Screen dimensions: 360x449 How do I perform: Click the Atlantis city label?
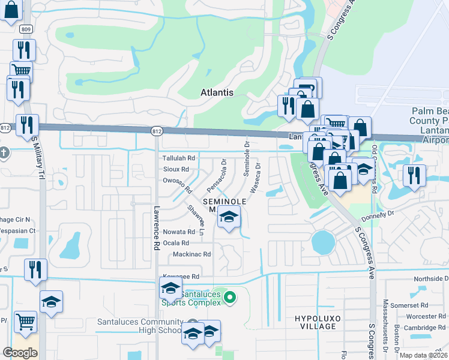[x=216, y=93]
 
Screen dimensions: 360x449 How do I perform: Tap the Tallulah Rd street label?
[x=179, y=158]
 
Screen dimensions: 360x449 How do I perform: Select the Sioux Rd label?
[x=176, y=169]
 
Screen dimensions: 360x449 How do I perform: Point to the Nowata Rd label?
[x=179, y=232]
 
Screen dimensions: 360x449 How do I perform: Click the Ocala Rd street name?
[x=176, y=243]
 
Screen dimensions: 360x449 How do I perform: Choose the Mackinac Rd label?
[x=191, y=254]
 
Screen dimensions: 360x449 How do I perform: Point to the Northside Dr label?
[x=431, y=280]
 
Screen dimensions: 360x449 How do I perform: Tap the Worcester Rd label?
[x=424, y=316]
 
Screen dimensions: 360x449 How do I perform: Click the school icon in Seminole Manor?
[x=228, y=217]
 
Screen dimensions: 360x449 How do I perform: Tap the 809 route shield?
[x=26, y=29]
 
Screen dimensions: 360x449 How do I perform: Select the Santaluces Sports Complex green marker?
[x=229, y=297]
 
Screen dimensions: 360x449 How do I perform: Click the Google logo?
[x=20, y=353]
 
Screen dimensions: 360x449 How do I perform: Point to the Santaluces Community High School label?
[x=139, y=326]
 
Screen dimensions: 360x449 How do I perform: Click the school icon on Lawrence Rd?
[x=170, y=288]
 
